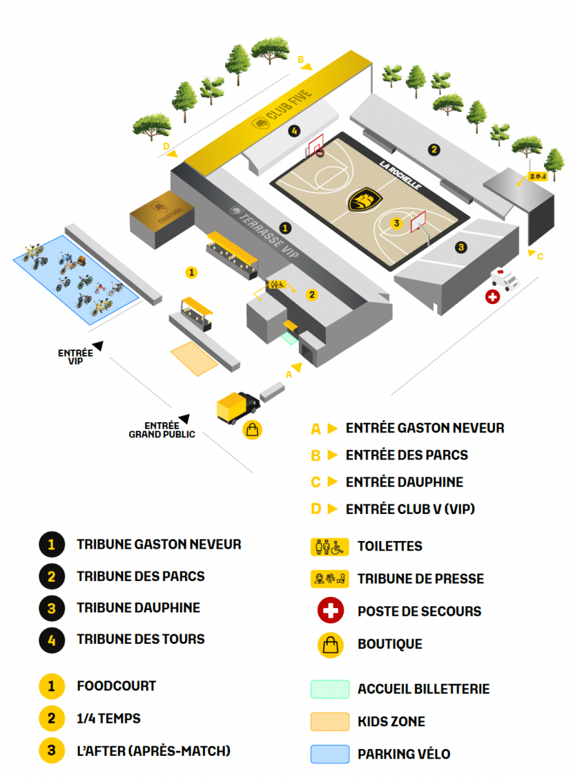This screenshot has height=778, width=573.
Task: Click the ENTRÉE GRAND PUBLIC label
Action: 162,430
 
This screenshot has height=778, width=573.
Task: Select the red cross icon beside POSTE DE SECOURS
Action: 331,611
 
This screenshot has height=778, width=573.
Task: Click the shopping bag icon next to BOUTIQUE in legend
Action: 331,644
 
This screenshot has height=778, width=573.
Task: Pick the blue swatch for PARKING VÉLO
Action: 329,754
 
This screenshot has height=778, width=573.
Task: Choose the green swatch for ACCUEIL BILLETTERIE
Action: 329,689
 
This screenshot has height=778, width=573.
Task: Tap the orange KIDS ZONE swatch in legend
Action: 329,721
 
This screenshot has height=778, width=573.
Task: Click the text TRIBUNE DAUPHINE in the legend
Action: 138,608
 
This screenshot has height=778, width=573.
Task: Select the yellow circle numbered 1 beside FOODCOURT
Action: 51,687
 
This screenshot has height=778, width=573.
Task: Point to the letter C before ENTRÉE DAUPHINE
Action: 316,482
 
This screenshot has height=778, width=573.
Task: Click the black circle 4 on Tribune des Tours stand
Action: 295,130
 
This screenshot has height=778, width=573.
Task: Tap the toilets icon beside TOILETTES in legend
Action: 329,546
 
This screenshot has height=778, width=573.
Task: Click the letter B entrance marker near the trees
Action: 301,59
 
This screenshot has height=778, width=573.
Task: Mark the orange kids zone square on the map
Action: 194,358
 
